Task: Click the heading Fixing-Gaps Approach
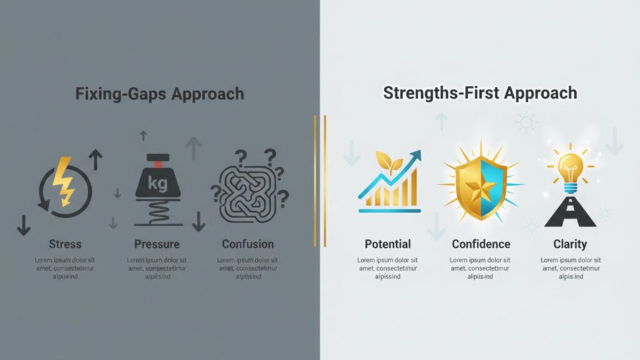(x=159, y=94)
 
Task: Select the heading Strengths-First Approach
(x=480, y=93)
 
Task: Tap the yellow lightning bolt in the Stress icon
(x=64, y=181)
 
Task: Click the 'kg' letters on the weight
(x=157, y=183)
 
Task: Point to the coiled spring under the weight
(x=158, y=212)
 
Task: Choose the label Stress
(x=65, y=244)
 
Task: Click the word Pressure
(x=157, y=244)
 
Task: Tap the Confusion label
(x=247, y=244)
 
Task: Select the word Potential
(x=387, y=244)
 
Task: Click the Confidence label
(x=481, y=244)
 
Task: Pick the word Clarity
(x=570, y=244)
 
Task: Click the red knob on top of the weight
(x=158, y=164)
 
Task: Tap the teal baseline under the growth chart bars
(x=390, y=211)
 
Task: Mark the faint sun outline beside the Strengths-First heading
(x=526, y=122)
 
